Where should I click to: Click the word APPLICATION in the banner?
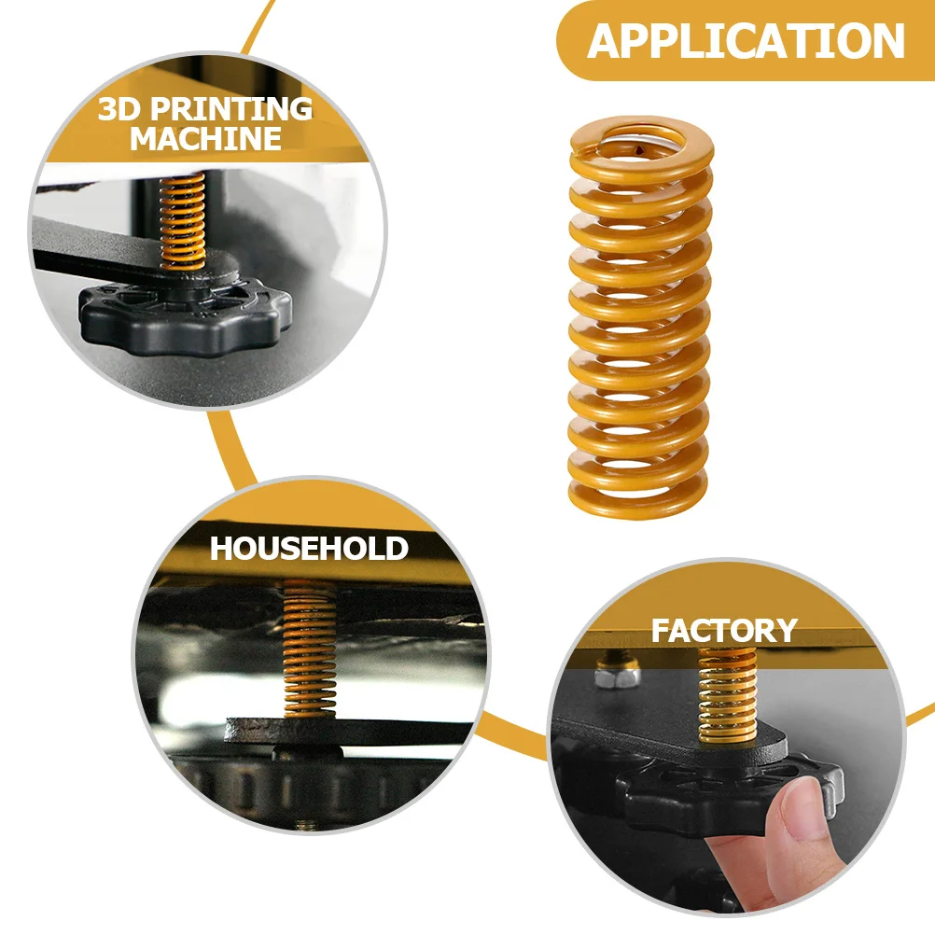click(746, 41)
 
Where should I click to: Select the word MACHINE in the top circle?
click(205, 139)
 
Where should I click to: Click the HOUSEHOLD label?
click(309, 548)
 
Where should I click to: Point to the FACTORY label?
click(724, 631)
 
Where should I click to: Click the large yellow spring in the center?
click(639, 317)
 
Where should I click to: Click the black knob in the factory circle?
click(709, 793)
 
